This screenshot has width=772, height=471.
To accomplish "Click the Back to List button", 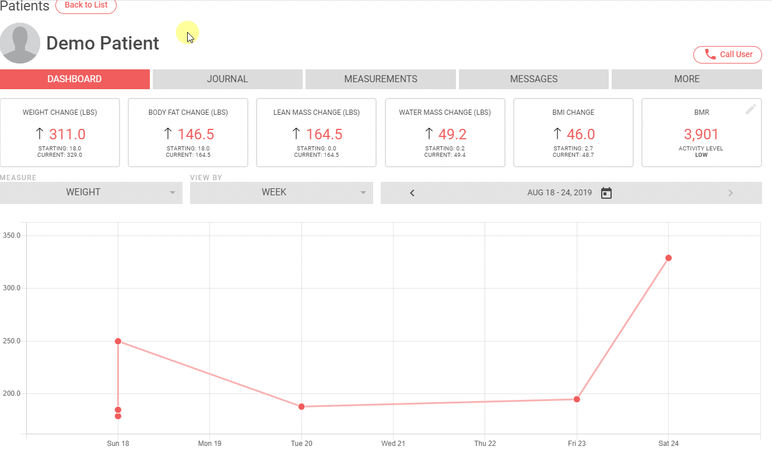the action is [x=86, y=5].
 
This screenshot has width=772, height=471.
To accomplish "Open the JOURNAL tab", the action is [x=227, y=79].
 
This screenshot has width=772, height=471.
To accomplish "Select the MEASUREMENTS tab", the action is [x=381, y=79].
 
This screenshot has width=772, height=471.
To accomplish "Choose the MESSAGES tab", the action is [x=534, y=79].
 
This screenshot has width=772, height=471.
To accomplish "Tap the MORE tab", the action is [x=686, y=79].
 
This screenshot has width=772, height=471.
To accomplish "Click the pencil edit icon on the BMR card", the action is [x=750, y=109].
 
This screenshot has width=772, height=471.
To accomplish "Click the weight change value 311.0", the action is [x=67, y=134].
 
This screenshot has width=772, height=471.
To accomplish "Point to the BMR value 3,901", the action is [x=701, y=134].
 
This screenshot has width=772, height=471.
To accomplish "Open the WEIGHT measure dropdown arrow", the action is [x=173, y=192].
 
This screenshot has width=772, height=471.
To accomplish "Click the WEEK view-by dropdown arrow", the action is [x=363, y=192].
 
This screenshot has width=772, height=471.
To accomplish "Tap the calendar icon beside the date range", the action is [x=606, y=193].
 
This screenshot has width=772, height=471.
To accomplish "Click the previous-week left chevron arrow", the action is [x=412, y=193].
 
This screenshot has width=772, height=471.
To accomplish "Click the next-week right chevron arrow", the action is [x=730, y=193].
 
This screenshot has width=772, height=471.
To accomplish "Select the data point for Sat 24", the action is [x=668, y=258].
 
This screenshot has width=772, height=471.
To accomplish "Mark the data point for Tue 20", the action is [x=301, y=406].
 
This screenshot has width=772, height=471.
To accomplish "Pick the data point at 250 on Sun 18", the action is [x=118, y=341].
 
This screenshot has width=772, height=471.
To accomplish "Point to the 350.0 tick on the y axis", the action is [x=12, y=235].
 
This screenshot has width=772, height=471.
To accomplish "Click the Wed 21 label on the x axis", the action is [x=393, y=444].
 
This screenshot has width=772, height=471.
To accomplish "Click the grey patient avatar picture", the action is [x=20, y=43].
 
